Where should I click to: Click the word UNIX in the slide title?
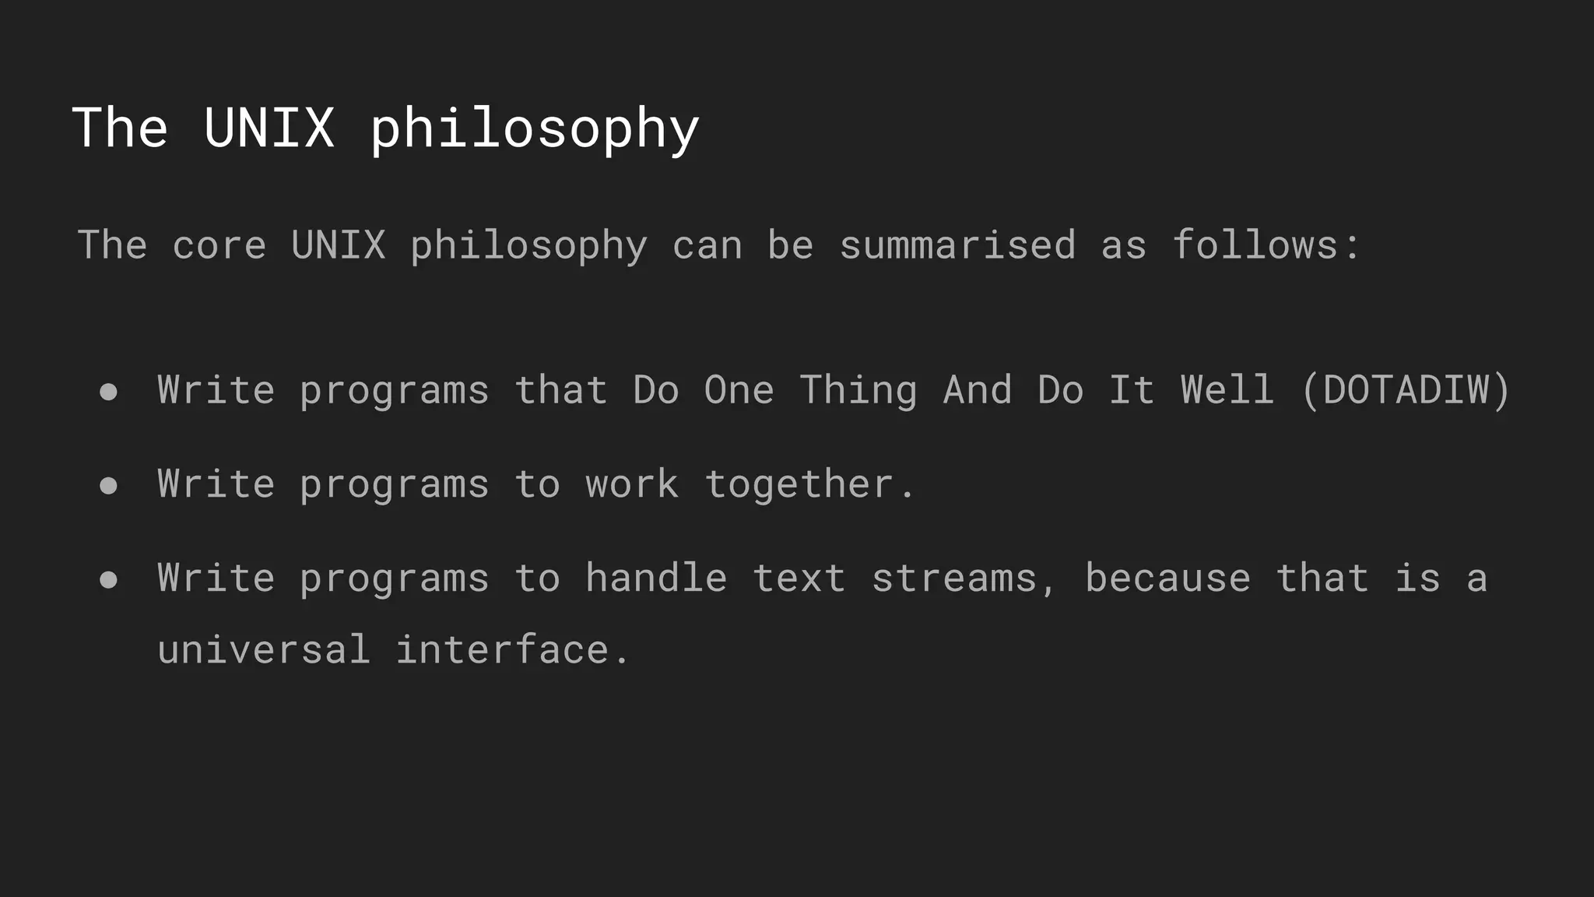(x=269, y=128)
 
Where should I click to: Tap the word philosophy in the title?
(x=535, y=129)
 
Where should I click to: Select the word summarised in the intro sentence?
(x=957, y=246)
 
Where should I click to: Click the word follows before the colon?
(x=1255, y=246)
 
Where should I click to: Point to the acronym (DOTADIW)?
(x=1406, y=390)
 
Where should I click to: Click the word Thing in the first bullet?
(x=858, y=390)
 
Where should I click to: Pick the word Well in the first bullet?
(x=1227, y=390)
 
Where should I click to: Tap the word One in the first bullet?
(x=739, y=390)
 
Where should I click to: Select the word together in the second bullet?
(x=799, y=484)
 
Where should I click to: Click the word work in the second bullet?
(x=632, y=484)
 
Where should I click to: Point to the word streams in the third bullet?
(x=954, y=579)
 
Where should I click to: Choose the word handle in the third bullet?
(x=656, y=579)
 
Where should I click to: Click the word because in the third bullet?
(x=1167, y=579)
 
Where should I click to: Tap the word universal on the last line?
(x=264, y=650)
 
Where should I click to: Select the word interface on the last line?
(x=502, y=650)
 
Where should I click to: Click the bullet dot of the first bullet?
(x=109, y=392)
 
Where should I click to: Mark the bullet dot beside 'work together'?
(x=109, y=486)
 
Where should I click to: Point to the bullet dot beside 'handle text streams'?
(x=109, y=580)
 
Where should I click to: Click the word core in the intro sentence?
(x=219, y=246)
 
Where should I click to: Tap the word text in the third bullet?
(x=799, y=579)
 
